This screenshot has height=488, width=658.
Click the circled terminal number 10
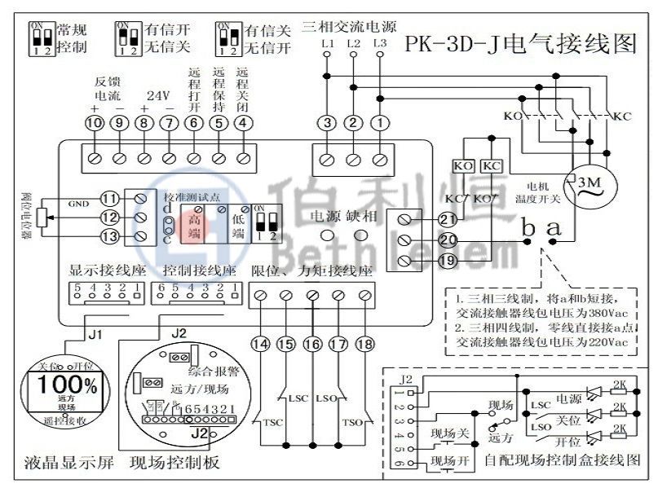point(94,124)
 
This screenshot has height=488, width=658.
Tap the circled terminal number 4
point(242,124)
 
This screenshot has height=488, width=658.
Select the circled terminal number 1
point(380,124)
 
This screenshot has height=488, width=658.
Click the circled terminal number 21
point(447,219)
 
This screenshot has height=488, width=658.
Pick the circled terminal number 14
point(260,345)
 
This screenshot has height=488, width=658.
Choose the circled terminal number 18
point(364,345)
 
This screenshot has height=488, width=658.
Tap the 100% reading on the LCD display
point(63,384)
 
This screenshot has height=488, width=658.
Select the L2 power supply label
point(353,42)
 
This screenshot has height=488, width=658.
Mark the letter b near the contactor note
point(528,231)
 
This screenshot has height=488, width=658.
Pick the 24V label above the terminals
point(157,95)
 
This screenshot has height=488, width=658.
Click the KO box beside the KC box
point(464,165)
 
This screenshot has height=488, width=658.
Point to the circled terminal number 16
point(312,345)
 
